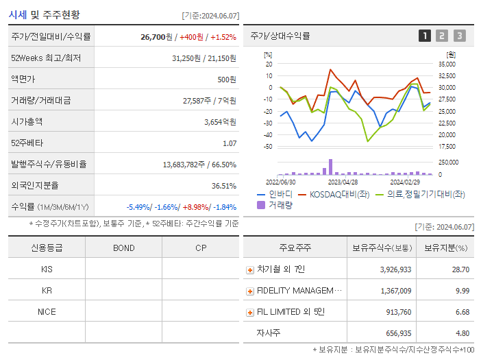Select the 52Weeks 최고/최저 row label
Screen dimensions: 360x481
pos(46,58)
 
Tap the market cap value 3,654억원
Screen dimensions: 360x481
pos(220,121)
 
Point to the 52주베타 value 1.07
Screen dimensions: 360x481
pos(229,143)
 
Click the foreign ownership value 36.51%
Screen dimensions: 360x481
pos(223,185)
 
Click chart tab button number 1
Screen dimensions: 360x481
pos(425,36)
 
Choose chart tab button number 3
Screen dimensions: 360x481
pos(459,36)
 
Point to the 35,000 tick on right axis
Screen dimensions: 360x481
pos(447,64)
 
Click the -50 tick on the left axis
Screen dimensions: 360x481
pos(268,147)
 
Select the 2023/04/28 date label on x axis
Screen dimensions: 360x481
pos(343,182)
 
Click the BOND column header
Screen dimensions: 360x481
pos(123,248)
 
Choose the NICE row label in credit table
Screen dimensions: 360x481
pos(47,311)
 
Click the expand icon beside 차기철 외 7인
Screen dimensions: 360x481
pos(249,269)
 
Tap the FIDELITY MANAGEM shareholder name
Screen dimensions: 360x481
pos(299,291)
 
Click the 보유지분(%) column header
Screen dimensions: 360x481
pos(445,248)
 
